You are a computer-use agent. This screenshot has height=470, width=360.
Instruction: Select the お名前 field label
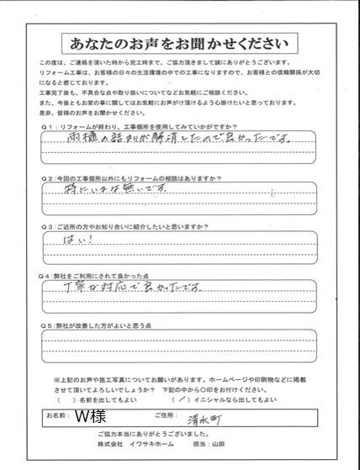(58, 415)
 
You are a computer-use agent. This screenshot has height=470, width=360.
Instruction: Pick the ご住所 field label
(189, 415)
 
